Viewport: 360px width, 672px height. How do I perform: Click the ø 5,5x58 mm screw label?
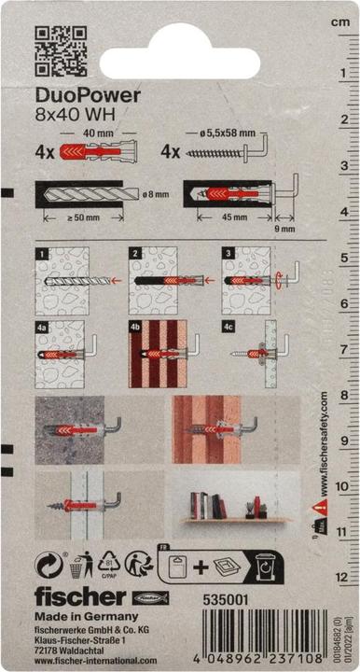point(223,133)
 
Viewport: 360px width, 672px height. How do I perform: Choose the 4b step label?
point(136,328)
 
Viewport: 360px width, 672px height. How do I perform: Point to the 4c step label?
point(228,328)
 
